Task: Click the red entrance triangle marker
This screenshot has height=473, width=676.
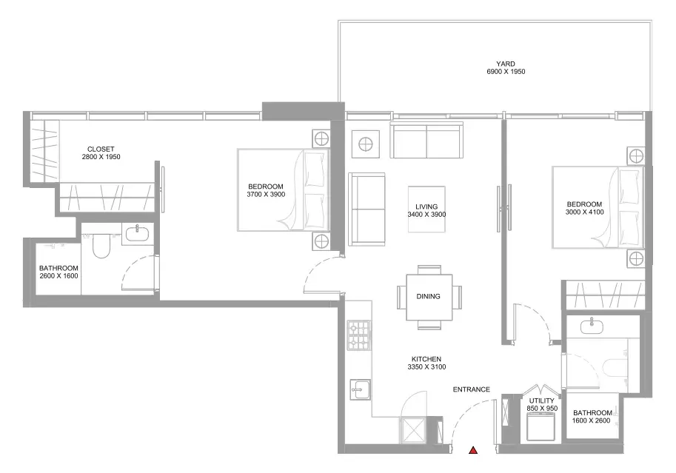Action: coord(473,450)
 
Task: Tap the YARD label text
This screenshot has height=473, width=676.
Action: coord(505,64)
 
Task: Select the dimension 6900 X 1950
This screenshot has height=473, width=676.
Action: coord(506,72)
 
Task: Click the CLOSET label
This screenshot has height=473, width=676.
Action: coord(101,150)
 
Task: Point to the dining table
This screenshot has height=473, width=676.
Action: coord(429,297)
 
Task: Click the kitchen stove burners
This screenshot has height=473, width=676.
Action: coord(359,335)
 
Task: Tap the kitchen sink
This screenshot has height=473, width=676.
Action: coord(360,390)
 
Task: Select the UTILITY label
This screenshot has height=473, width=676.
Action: coord(541,400)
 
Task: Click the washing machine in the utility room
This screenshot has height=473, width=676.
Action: coord(541,426)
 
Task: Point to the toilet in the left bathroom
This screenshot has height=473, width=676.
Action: coord(101,246)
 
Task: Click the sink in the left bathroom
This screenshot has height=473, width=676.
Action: coord(138,234)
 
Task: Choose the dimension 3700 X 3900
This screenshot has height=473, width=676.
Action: coord(266,195)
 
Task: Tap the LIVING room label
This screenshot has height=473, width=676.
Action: coord(426,207)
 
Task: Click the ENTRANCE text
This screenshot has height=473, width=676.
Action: coord(471,389)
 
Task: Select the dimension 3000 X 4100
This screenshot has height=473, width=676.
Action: coord(585,212)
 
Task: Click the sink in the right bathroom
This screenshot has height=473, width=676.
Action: coord(592,326)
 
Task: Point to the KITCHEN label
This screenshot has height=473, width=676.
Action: coord(426,359)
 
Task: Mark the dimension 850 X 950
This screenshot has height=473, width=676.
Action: coord(542,409)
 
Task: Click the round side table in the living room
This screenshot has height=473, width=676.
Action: coord(366,144)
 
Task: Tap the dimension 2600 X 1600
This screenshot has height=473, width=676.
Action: coord(58,276)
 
